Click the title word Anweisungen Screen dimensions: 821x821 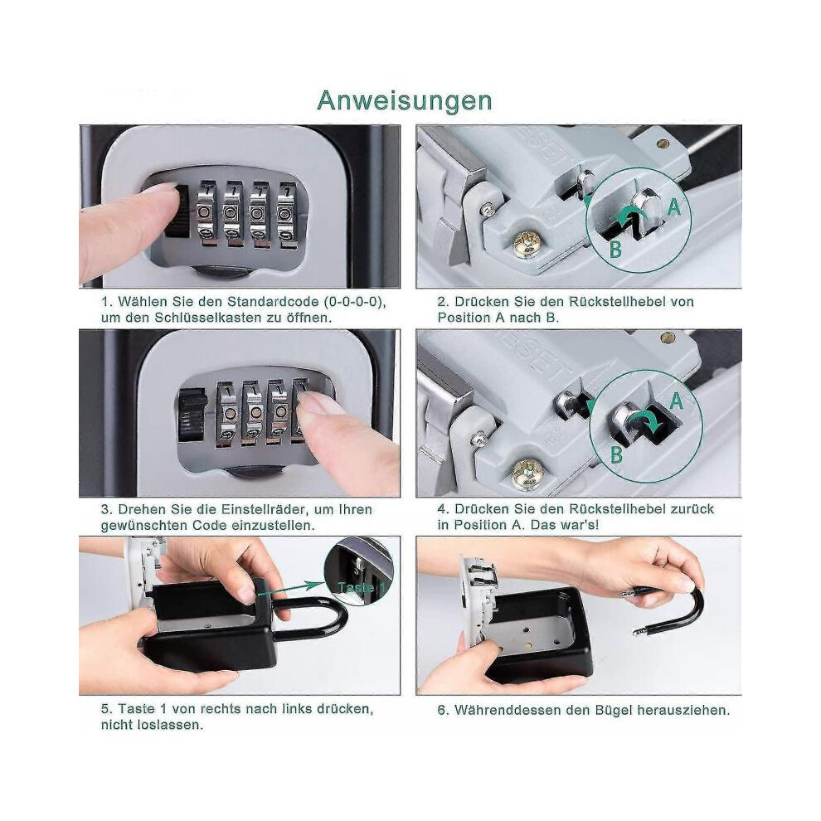(405, 101)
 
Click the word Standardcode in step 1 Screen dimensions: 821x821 (273, 302)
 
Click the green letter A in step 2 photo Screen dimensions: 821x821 (674, 207)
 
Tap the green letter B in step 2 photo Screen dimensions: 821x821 (615, 250)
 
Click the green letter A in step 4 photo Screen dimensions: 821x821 (677, 401)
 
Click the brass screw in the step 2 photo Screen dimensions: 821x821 (527, 244)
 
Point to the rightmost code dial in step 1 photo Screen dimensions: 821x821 (285, 214)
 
